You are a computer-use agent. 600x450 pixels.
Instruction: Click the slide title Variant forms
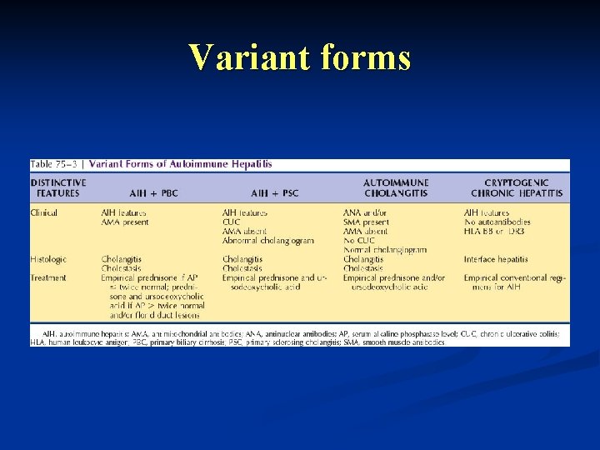coord(299,58)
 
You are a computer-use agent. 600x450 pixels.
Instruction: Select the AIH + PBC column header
coord(153,193)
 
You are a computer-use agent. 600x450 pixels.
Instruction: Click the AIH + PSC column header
coord(274,193)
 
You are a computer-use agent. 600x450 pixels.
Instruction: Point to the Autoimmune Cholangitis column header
coord(396,187)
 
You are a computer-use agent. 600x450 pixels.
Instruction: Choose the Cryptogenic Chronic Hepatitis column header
coord(517,187)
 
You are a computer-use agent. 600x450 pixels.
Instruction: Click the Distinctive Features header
coord(57,187)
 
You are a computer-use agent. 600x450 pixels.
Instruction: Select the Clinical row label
coord(44,213)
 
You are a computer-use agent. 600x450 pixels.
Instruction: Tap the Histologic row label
coord(48,259)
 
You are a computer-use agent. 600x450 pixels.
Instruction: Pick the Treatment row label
coord(49,277)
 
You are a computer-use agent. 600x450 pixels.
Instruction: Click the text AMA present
coord(125,222)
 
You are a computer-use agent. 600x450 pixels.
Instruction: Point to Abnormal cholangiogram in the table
coord(268,241)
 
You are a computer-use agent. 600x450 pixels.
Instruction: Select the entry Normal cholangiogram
coord(385,250)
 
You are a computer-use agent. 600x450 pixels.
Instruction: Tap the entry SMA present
coord(366,222)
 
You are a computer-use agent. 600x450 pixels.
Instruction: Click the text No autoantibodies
coord(497,222)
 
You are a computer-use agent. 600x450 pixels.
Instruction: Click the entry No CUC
coord(359,241)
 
